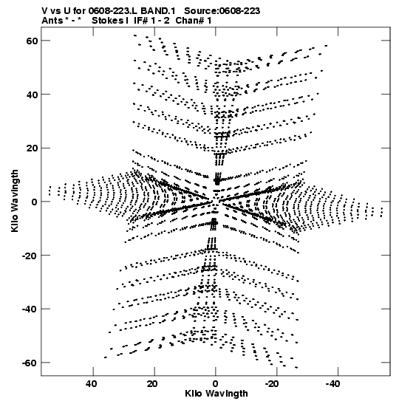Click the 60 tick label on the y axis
pos(32,41)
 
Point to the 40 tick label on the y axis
pos(32,95)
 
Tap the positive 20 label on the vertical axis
pos(32,148)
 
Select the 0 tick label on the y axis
pos(35,202)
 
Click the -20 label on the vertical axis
pos(30,256)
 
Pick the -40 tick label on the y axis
pos(30,309)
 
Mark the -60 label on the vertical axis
pos(30,363)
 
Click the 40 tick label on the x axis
pos(92,384)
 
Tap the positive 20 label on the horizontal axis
pos(152,384)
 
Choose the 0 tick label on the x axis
pos(216,384)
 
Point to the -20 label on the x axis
pos(272,384)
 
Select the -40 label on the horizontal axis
pos(333,384)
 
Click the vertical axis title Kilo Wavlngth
pos(15,201)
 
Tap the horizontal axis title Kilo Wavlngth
pos(216,394)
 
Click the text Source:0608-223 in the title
pos(222,11)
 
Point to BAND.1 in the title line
pos(158,11)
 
